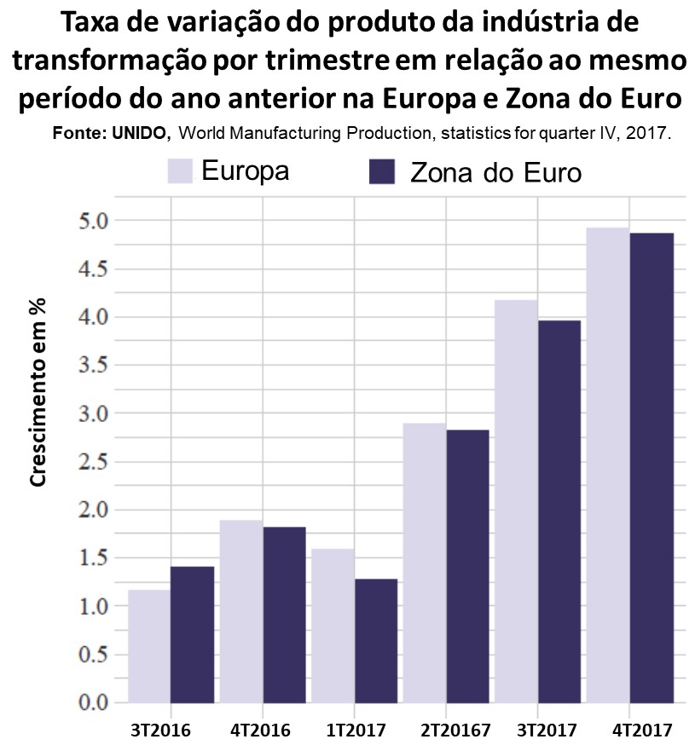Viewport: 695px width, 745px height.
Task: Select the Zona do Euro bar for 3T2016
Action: (x=192, y=635)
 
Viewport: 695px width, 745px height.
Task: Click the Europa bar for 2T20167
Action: (x=425, y=563)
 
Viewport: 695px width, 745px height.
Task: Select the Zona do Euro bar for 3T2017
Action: (x=559, y=511)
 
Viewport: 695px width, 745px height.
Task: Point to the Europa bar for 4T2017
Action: (x=608, y=465)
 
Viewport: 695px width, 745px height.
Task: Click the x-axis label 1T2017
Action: (x=356, y=731)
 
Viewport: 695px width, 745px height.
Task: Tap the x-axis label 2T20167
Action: (x=450, y=731)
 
